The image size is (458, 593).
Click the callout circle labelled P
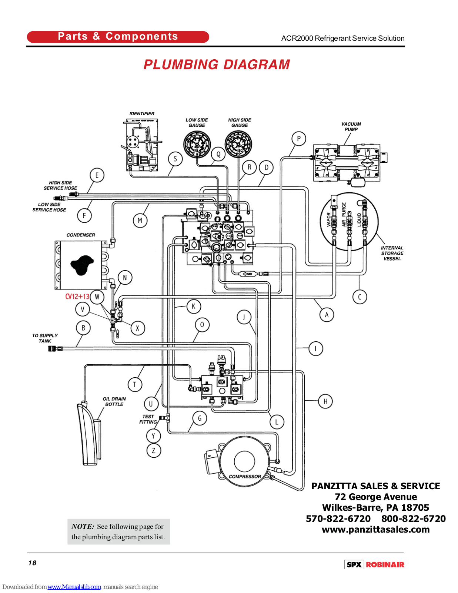[x=299, y=139]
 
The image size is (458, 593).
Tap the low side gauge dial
[x=197, y=144]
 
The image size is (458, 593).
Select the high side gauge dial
[x=238, y=144]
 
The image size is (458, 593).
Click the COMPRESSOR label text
[x=245, y=477]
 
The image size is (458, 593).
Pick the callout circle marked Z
[x=154, y=451]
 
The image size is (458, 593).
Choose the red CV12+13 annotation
[x=77, y=296]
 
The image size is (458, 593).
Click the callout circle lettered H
[x=325, y=401]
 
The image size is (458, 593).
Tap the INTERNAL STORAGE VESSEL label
[x=392, y=253]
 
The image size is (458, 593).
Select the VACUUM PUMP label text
[x=351, y=127]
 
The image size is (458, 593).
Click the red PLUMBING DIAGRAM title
[x=217, y=64]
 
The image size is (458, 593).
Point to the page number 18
[x=32, y=563]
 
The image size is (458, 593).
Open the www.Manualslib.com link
[x=74, y=587]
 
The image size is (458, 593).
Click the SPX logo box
[x=354, y=564]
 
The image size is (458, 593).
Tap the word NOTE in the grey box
[x=83, y=526]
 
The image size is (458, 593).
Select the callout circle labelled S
[x=175, y=159]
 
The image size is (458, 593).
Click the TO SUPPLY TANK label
[x=45, y=338]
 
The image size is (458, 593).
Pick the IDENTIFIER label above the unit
[x=142, y=114]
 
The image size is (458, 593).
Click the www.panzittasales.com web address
[x=375, y=529]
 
